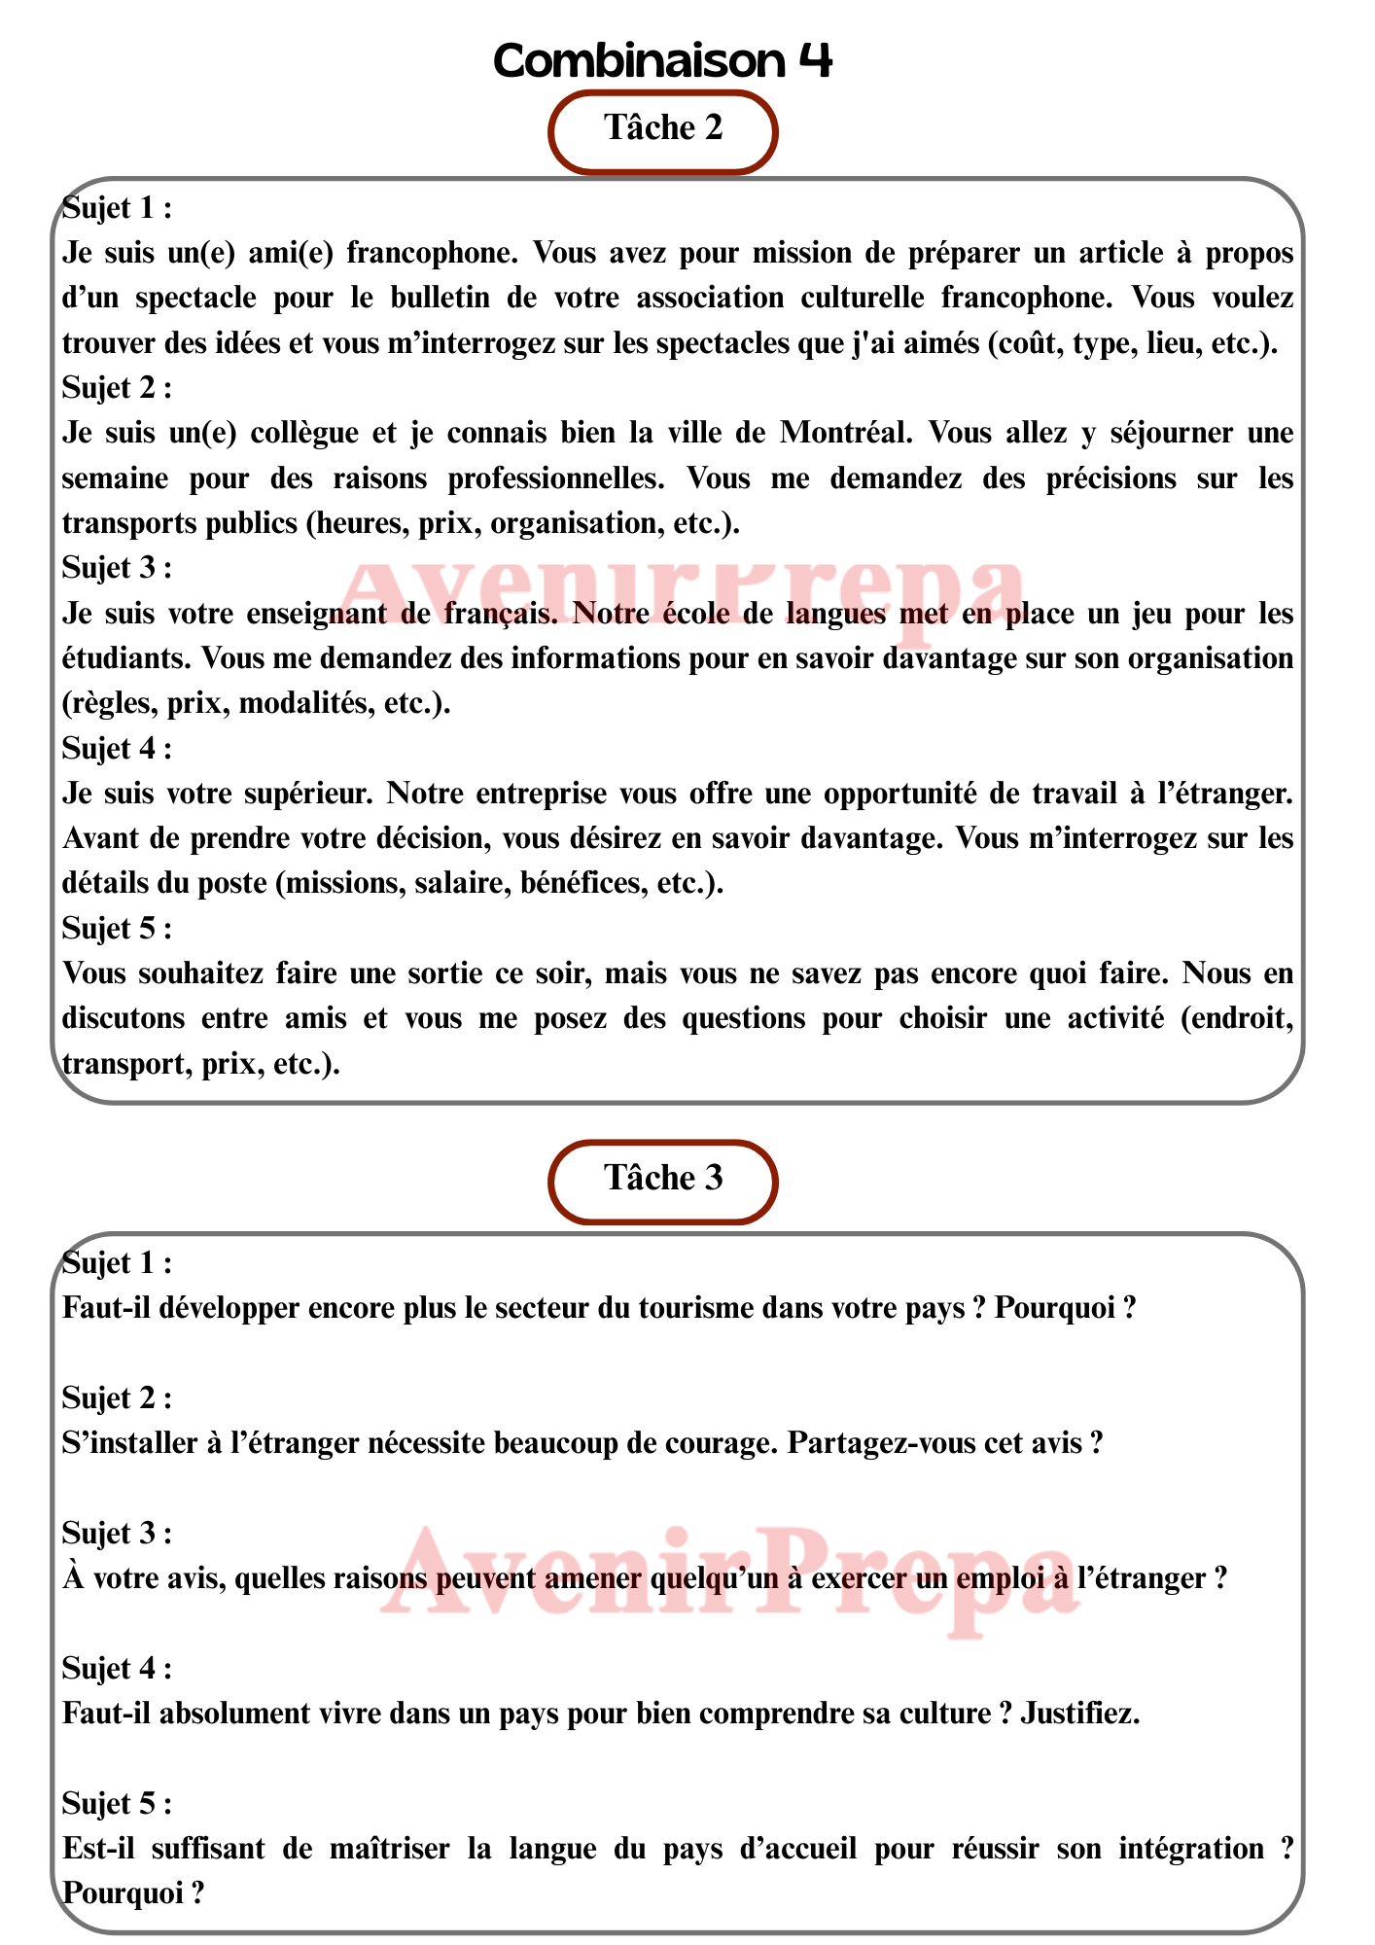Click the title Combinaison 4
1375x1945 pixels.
663,61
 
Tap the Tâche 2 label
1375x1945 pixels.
663,128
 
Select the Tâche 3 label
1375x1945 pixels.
663,1179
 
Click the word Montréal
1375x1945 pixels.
846,433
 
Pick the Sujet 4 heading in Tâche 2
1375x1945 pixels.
117,748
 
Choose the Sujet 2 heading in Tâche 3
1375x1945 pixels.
117,1398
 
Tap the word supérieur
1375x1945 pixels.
302,794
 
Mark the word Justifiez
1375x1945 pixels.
1079,1714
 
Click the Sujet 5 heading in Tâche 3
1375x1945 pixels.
117,1804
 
